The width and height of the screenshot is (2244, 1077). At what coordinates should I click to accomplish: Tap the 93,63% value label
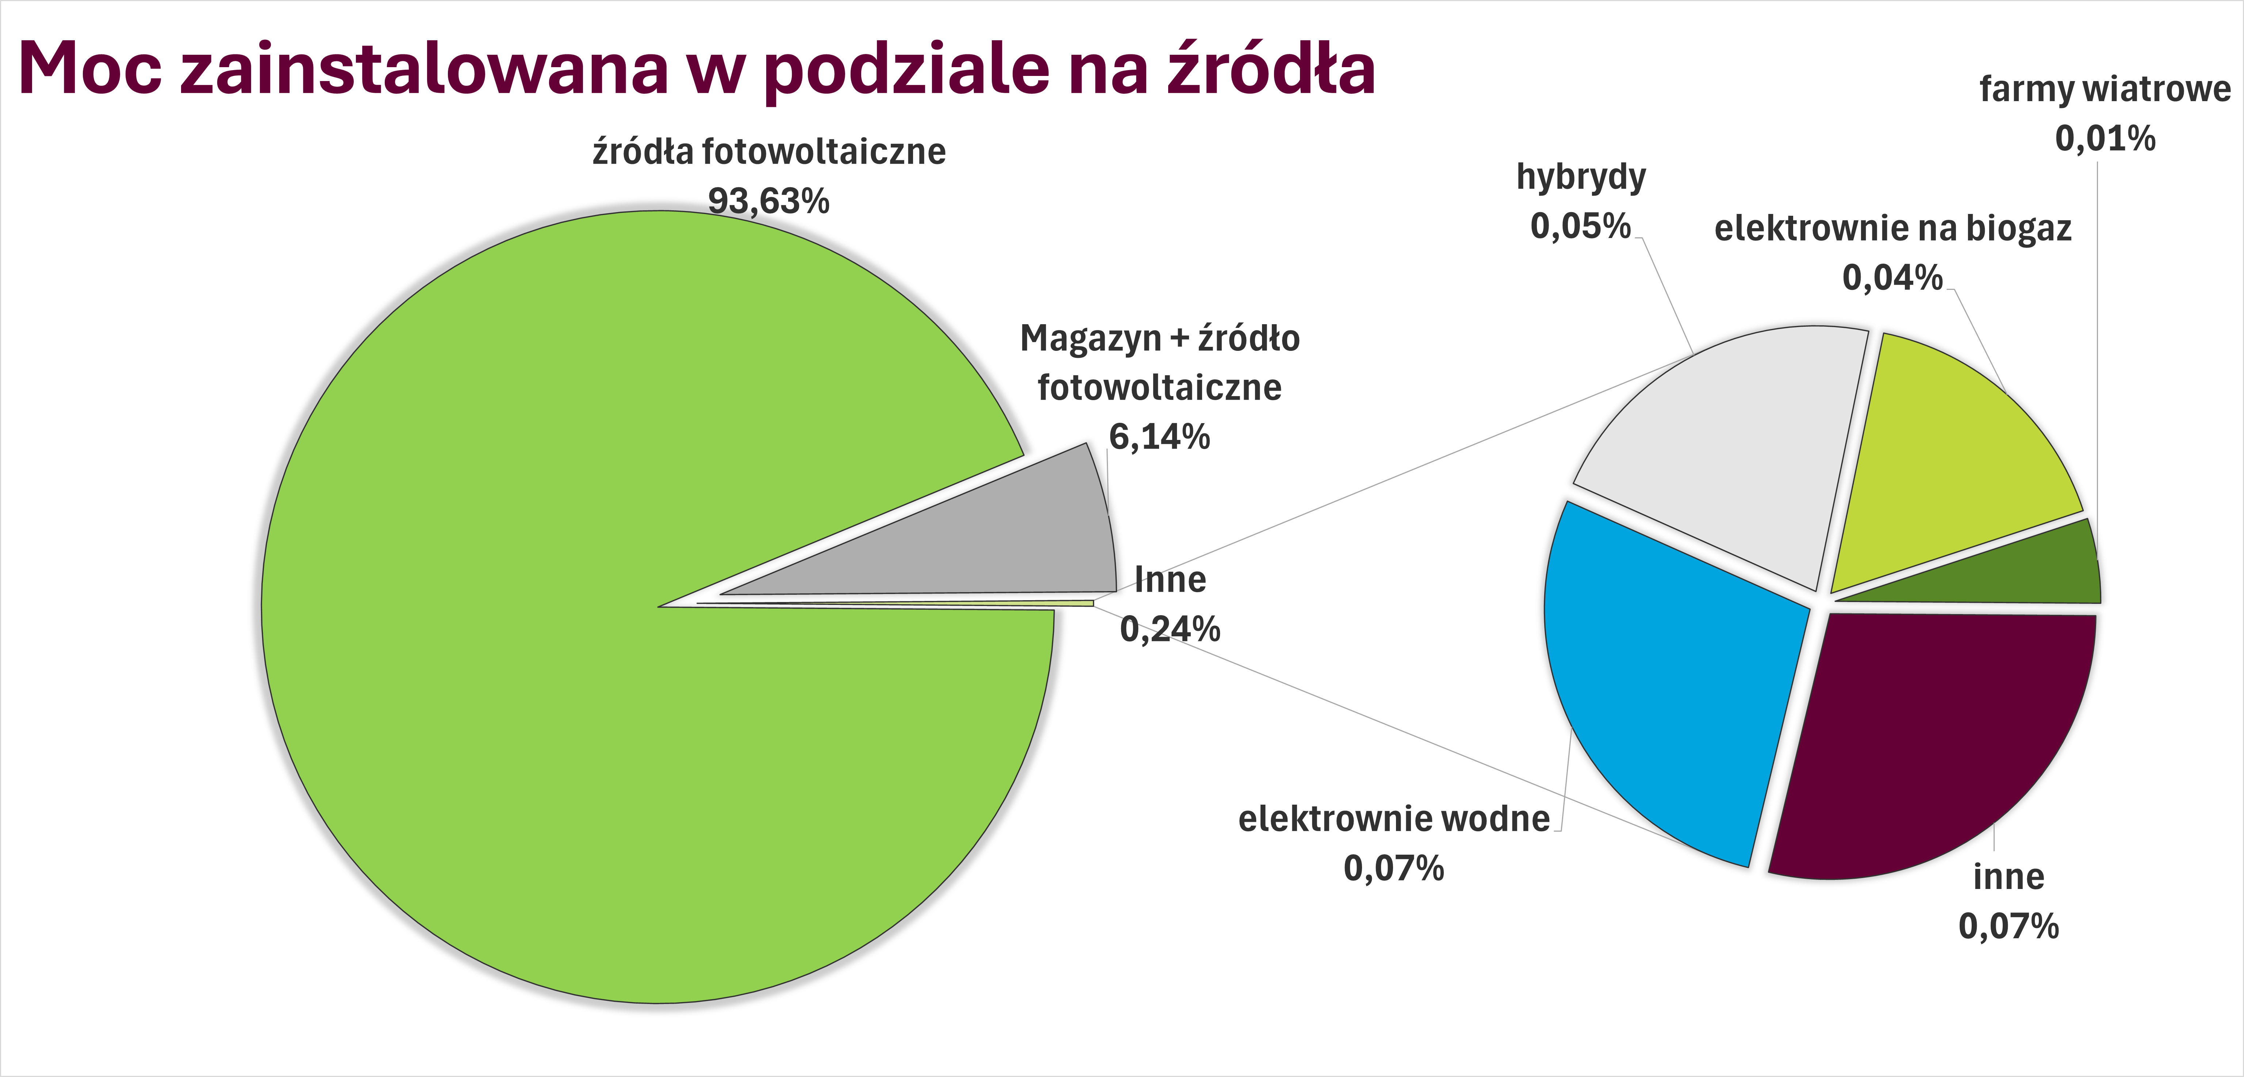pyautogui.click(x=768, y=201)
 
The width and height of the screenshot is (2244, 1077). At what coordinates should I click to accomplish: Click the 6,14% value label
pyautogui.click(x=1159, y=437)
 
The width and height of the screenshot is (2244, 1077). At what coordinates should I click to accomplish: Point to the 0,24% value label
pyautogui.click(x=1170, y=629)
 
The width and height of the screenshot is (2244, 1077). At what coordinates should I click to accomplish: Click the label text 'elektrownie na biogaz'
pyautogui.click(x=1892, y=228)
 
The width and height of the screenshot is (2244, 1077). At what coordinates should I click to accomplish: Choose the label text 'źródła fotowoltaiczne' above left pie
pyautogui.click(x=768, y=152)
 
